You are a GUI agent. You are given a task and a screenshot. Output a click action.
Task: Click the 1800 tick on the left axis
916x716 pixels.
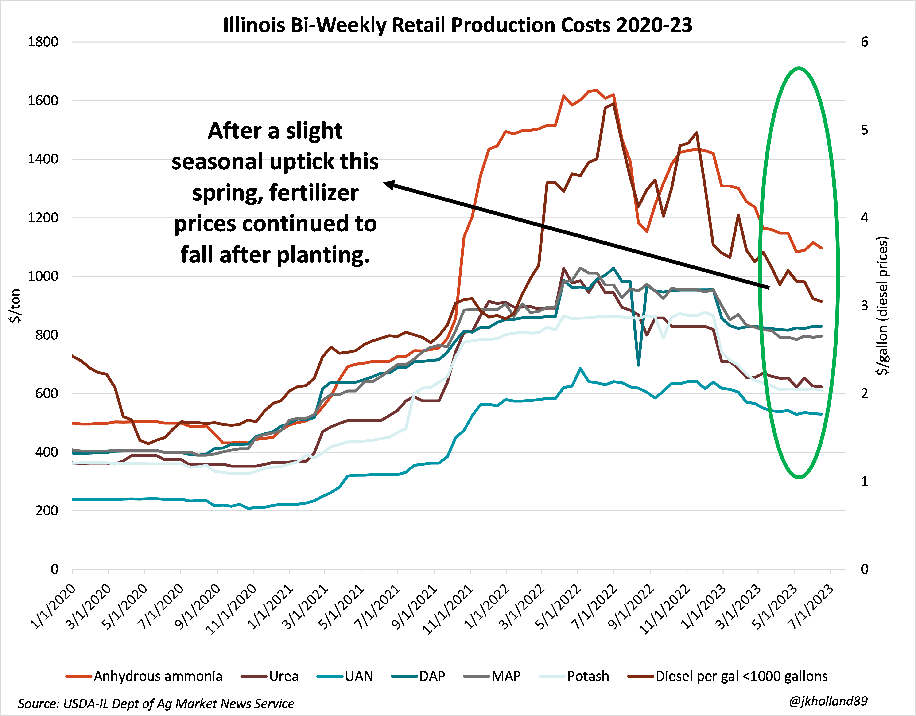pyautogui.click(x=43, y=42)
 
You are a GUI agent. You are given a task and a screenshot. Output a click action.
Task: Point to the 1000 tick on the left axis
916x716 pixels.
pyautogui.click(x=43, y=276)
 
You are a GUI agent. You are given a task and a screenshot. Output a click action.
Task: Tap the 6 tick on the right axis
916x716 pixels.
pyautogui.click(x=864, y=42)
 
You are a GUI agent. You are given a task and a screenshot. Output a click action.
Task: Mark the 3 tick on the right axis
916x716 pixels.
pyautogui.click(x=864, y=306)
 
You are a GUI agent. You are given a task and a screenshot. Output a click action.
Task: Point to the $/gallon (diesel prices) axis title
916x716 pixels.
pyautogui.click(x=883, y=306)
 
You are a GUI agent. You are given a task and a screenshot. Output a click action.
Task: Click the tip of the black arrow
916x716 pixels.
pyautogui.click(x=385, y=182)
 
